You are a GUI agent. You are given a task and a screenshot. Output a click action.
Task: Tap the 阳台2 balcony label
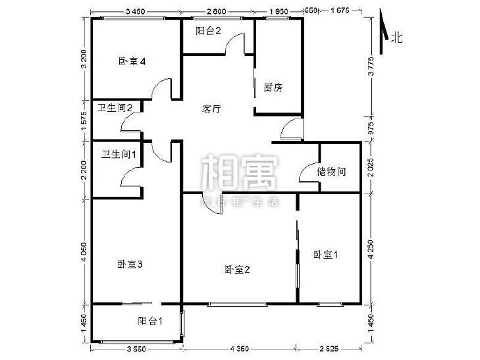click(207, 31)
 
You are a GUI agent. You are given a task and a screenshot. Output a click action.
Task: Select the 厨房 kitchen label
click(273, 87)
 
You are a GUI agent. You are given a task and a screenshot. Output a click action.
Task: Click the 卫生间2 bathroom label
click(116, 108)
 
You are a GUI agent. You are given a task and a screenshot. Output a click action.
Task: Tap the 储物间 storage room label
click(331, 172)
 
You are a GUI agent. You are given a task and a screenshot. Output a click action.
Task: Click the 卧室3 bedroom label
click(130, 265)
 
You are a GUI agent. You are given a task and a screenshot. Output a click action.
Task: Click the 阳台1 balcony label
click(151, 321)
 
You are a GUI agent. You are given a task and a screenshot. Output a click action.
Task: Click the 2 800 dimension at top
click(217, 11)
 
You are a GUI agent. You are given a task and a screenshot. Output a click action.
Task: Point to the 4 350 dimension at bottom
click(238, 348)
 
